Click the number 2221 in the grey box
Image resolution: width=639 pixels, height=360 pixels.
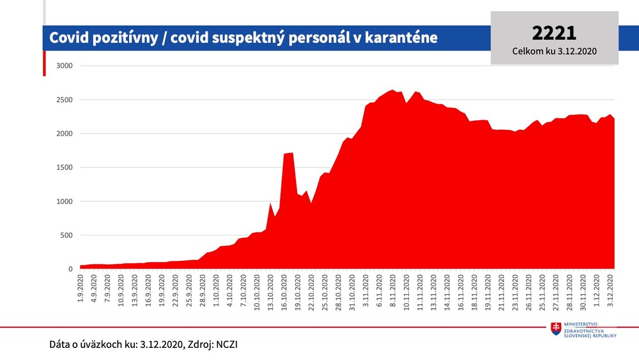[x=554, y=33]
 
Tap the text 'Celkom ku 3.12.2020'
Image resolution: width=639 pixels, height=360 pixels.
[x=554, y=51]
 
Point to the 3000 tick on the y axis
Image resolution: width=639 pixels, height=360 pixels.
[x=65, y=66]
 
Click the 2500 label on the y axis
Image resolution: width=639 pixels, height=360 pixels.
[x=65, y=100]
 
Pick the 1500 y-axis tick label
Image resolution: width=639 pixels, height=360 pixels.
[x=65, y=168]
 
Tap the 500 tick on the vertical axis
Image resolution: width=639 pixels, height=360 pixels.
[x=66, y=235]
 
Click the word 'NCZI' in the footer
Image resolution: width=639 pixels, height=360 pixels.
[x=226, y=344]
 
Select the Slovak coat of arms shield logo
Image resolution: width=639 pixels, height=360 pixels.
[x=557, y=329]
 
